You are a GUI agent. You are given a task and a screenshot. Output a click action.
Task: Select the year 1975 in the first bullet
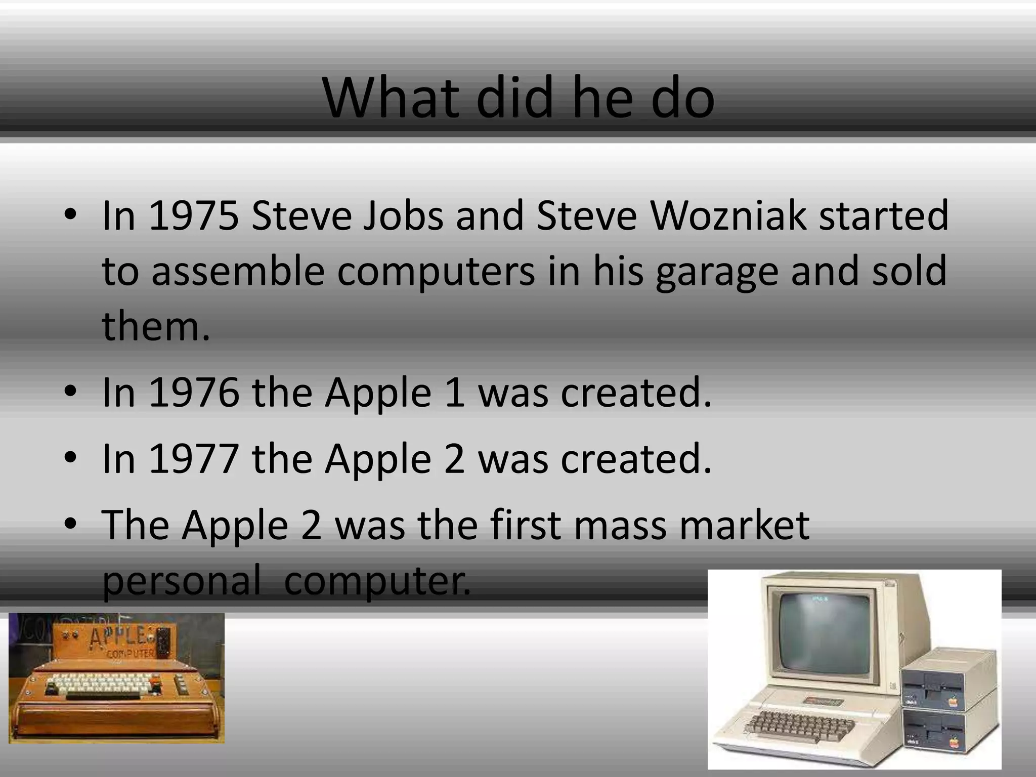[x=194, y=215]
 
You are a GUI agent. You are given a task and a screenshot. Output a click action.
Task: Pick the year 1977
[x=194, y=458]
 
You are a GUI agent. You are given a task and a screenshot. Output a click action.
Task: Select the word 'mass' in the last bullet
[x=622, y=525]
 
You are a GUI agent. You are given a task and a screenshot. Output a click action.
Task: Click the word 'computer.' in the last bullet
[x=377, y=581]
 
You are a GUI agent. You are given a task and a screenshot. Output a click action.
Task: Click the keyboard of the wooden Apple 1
[x=101, y=687]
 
